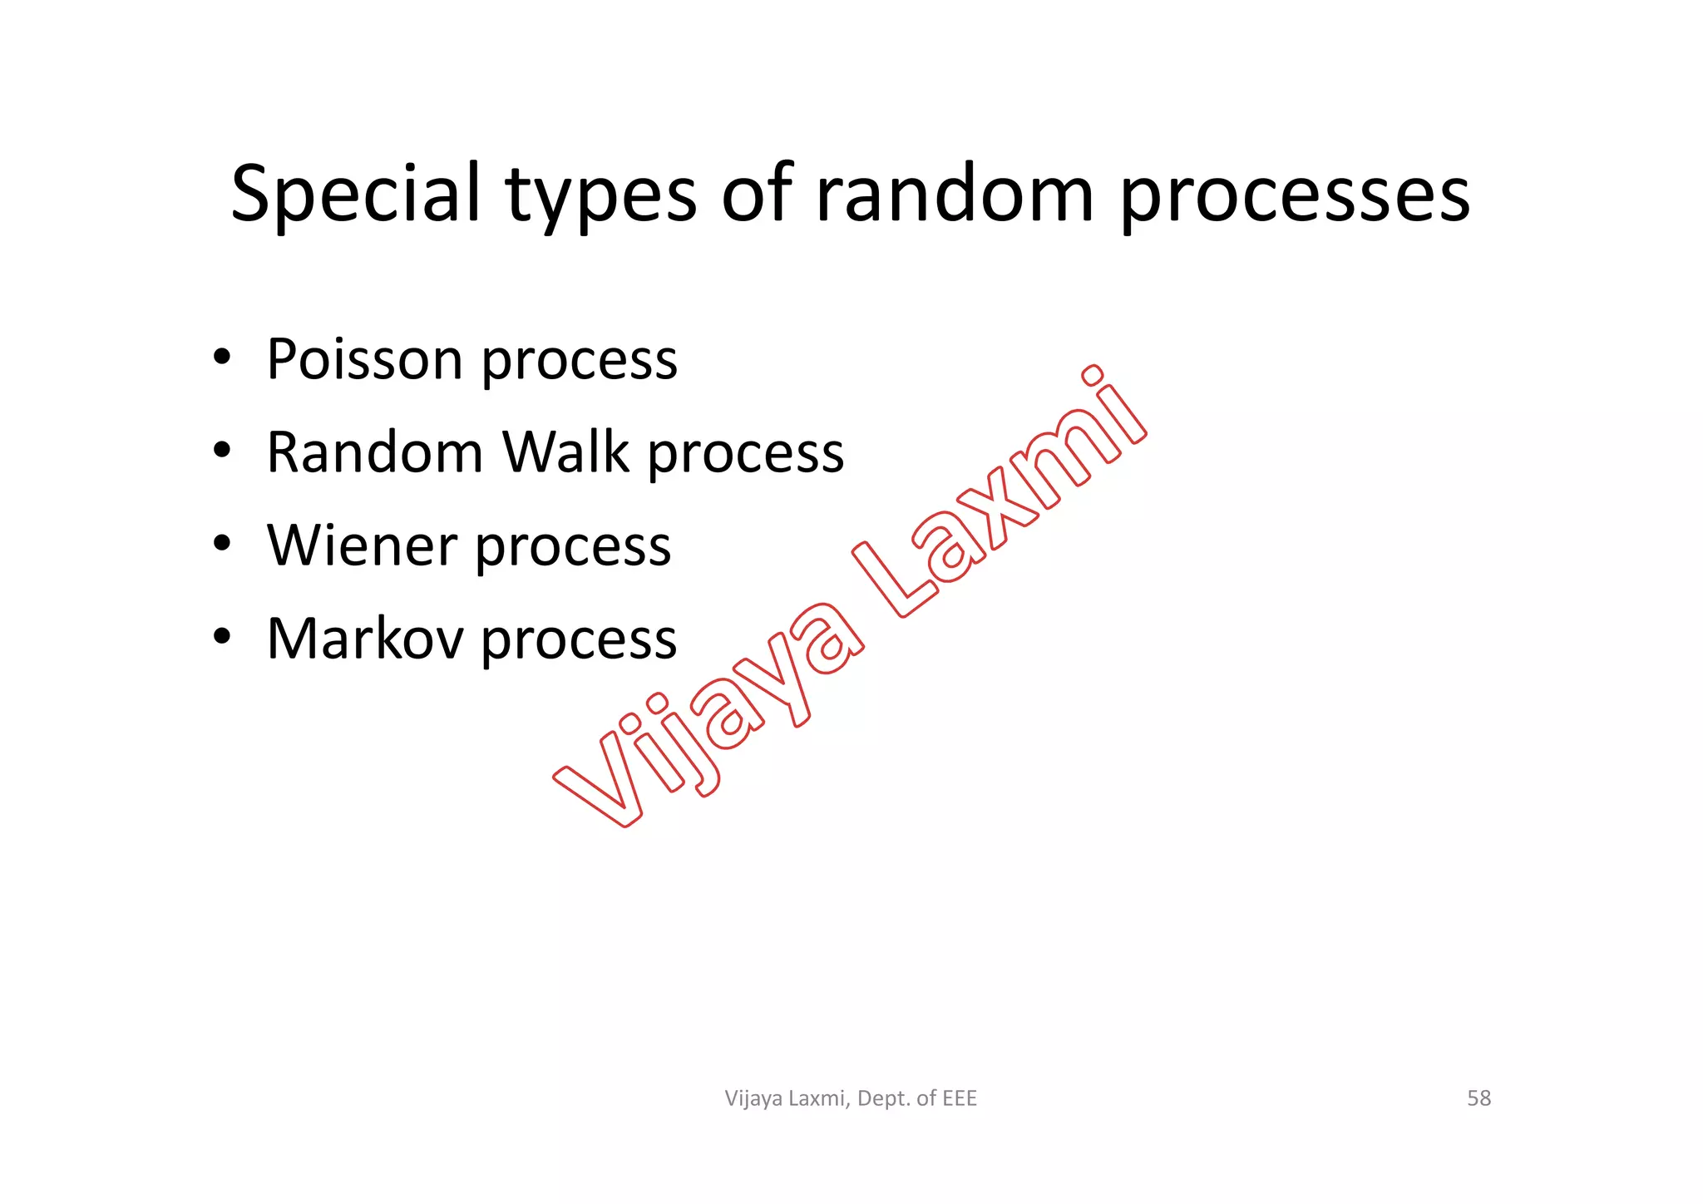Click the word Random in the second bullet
(375, 452)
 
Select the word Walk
(565, 452)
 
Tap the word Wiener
(362, 545)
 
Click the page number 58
(1478, 1098)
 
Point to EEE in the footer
(960, 1098)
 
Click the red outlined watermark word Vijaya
(707, 715)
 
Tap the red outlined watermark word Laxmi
(998, 499)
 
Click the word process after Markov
(579, 642)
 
